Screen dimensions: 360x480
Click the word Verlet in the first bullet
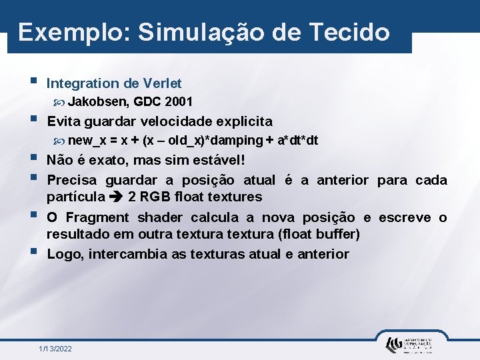tap(162, 83)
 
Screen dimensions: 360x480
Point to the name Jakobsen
tap(98, 102)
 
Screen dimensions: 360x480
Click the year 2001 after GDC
tap(179, 102)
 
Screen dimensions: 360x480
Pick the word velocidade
tap(181, 121)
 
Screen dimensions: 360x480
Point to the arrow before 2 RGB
tap(117, 197)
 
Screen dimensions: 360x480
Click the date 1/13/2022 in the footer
tap(55, 349)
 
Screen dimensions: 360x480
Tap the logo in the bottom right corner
tap(408, 344)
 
